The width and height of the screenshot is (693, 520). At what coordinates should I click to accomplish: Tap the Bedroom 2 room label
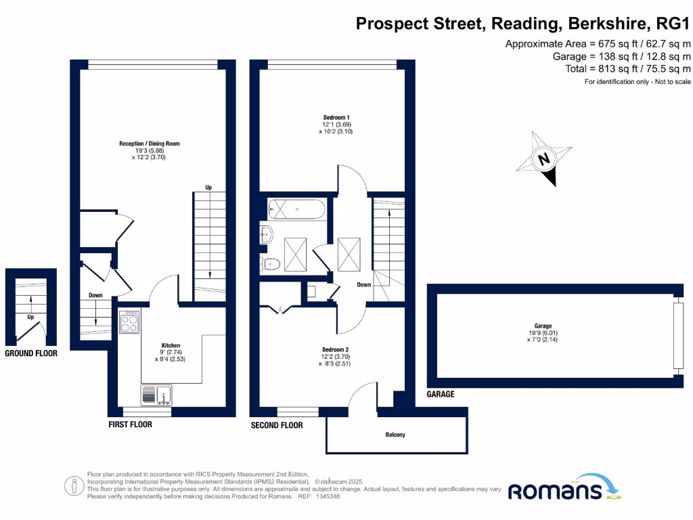(336, 349)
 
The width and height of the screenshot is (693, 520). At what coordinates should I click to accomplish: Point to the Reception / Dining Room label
(150, 144)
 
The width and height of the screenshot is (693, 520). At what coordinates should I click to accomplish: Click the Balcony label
(395, 435)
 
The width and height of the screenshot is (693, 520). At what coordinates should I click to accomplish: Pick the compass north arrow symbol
(543, 159)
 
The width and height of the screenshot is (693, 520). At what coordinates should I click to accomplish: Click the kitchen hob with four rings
(130, 322)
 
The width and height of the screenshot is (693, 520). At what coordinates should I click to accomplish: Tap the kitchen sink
(156, 394)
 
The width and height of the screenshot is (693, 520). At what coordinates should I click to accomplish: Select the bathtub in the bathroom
(296, 209)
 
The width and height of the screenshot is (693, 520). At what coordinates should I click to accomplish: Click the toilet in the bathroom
(271, 264)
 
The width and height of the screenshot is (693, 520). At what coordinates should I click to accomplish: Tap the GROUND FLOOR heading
(31, 353)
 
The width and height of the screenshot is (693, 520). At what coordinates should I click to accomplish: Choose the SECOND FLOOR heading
(277, 425)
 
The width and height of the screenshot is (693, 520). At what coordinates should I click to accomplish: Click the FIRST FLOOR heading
(130, 425)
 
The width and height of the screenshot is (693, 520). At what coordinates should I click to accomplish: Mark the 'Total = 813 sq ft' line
(627, 69)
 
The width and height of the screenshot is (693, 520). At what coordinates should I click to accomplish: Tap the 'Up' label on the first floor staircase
(209, 188)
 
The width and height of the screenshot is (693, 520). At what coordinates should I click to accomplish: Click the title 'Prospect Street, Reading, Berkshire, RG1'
(523, 24)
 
